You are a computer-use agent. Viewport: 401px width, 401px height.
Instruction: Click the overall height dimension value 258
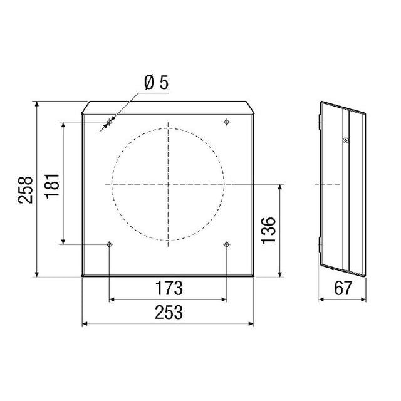26,189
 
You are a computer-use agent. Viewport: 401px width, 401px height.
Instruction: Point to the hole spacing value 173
168,289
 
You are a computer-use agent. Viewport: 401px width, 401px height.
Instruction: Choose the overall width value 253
168,312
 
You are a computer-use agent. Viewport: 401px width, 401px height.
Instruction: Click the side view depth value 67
342,289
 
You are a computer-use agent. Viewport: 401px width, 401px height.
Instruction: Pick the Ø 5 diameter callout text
155,82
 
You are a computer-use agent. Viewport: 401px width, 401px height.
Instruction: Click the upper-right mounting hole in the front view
226,122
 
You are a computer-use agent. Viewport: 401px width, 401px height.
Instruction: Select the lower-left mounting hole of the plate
110,244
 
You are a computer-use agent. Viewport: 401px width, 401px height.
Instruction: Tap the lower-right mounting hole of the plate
226,244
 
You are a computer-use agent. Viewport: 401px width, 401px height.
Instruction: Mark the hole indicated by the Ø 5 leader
109,122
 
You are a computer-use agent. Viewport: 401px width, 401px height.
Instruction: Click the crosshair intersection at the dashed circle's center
168,184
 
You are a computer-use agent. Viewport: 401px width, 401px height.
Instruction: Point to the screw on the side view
345,141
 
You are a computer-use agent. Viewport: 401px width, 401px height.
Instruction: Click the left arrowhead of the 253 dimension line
85,323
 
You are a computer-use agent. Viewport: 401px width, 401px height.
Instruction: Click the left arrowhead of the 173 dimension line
112,299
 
